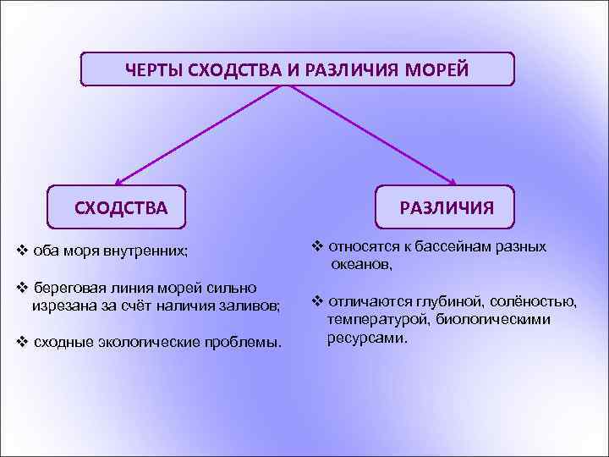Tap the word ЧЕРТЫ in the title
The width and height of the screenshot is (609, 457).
154,69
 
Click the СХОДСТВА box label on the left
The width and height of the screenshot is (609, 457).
121,207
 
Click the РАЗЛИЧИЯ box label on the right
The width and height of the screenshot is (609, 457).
447,208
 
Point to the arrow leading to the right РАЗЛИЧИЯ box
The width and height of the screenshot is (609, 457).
372,135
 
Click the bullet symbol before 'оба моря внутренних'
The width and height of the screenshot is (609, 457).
23,251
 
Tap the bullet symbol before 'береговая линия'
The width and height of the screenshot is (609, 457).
23,287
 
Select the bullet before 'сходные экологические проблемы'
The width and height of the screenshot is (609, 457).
23,342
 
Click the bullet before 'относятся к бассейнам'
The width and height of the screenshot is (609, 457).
317,247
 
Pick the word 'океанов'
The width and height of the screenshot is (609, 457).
361,265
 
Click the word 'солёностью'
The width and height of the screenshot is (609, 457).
542,301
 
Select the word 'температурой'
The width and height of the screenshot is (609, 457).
372,319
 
